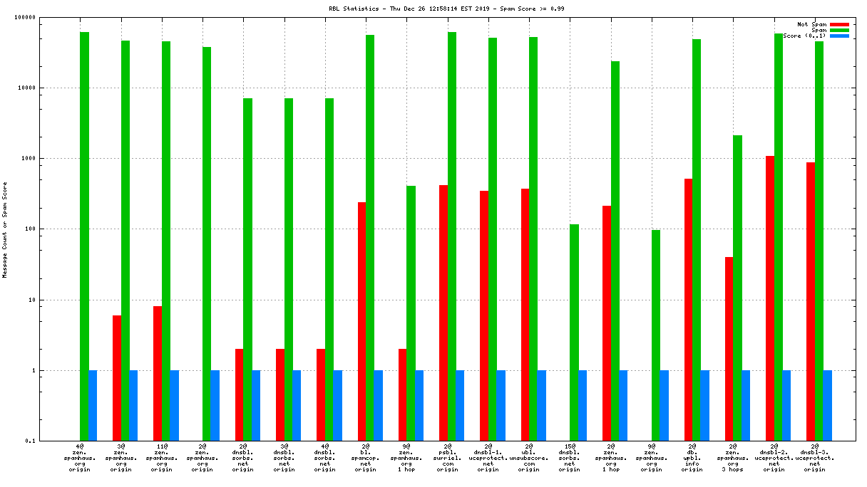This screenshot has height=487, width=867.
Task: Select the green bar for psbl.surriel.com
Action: [x=452, y=235]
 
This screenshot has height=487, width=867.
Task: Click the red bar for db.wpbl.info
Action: [x=688, y=309]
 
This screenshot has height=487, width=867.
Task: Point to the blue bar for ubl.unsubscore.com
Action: [x=542, y=405]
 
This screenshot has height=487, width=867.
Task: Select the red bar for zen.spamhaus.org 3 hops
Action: [x=729, y=348]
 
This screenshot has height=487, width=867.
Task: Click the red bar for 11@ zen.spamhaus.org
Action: [x=158, y=373]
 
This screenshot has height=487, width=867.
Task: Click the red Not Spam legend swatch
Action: [x=839, y=24]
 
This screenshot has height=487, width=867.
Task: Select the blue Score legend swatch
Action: [x=839, y=36]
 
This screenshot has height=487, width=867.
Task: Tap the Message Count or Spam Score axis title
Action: [x=5, y=229]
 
